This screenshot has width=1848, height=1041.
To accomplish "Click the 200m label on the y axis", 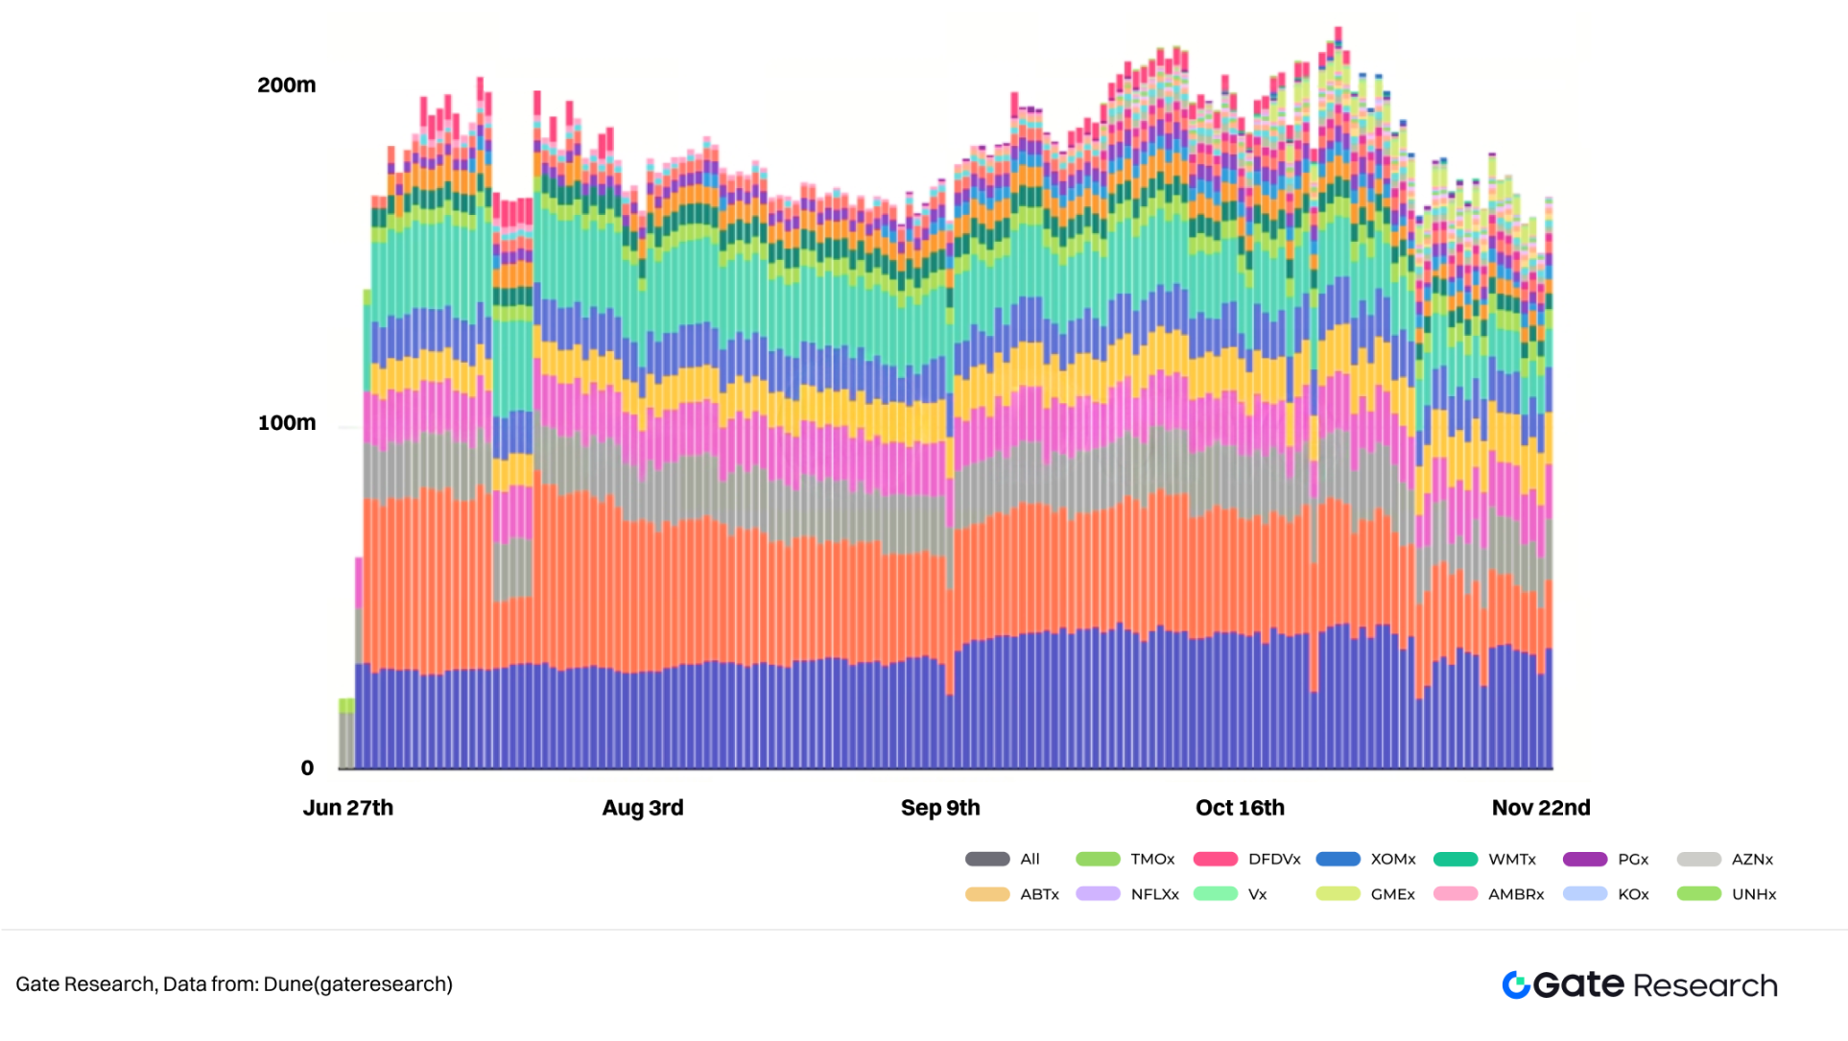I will pyautogui.click(x=286, y=85).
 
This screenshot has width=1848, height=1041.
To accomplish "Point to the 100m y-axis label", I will pyautogui.click(x=286, y=423).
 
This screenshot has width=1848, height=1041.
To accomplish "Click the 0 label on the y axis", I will pyautogui.click(x=307, y=768).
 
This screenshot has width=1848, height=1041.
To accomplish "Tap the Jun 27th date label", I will pyautogui.click(x=348, y=808).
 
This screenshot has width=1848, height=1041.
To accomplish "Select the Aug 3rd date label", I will pyautogui.click(x=643, y=808).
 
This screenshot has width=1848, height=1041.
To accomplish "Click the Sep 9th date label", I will pyautogui.click(x=940, y=808).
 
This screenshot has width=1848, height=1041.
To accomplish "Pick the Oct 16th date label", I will pyautogui.click(x=1240, y=808).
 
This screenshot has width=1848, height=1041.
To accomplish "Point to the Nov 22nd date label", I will pyautogui.click(x=1541, y=808).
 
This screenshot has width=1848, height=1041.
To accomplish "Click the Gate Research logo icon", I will pyautogui.click(x=1516, y=985).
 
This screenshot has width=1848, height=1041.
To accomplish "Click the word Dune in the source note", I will pyautogui.click(x=288, y=984).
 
